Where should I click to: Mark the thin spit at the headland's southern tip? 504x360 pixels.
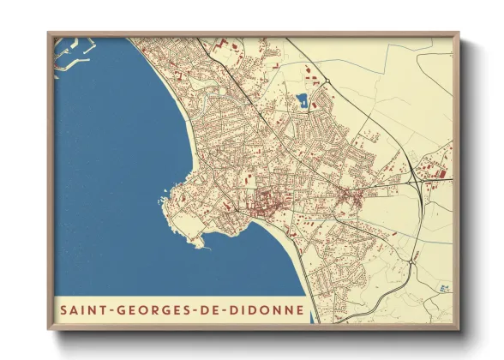coord(201,244)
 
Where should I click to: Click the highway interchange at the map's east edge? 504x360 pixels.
coord(415,180)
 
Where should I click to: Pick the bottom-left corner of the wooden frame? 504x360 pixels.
coord(50,328)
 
